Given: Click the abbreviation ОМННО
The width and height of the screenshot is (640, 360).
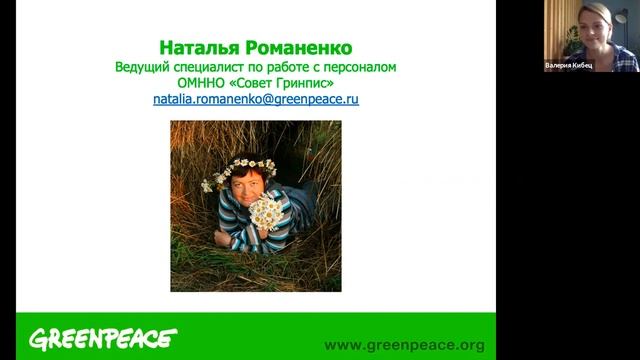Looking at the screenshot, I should click(x=199, y=83).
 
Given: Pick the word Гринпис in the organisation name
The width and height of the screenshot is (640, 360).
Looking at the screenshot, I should click(x=305, y=83).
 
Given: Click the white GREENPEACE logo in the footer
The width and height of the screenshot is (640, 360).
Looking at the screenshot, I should click(x=102, y=339).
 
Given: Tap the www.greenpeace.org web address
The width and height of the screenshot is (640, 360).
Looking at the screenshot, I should click(x=404, y=345).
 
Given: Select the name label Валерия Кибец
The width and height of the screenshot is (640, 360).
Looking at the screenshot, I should click(x=568, y=65).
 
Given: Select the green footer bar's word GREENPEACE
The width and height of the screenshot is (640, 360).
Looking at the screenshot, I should click(x=102, y=339).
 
